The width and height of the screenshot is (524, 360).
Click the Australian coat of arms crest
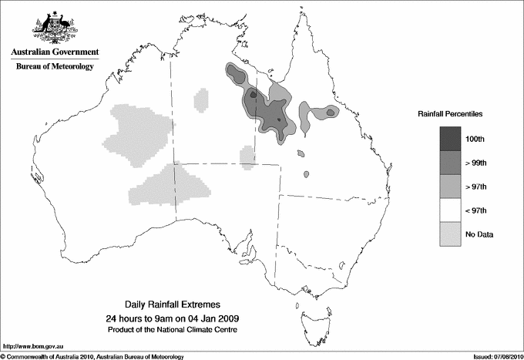coord(54,28)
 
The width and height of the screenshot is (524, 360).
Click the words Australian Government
coord(54,52)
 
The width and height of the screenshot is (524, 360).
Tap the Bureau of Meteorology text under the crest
coord(54,67)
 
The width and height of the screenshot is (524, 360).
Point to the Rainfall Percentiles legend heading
coord(450,114)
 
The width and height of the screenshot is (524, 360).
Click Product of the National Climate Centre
coord(170,330)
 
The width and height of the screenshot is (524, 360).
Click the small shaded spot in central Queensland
coord(307,174)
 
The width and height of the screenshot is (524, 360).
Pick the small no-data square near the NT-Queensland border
coord(247,157)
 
